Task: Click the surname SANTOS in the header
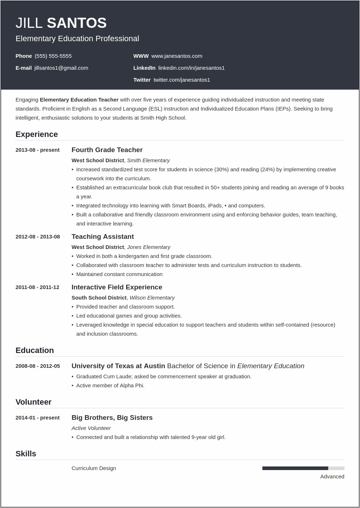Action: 77,23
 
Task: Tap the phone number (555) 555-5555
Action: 53,56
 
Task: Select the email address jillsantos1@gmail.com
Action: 61,68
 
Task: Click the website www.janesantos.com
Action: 177,56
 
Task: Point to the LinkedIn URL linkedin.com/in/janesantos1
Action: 191,68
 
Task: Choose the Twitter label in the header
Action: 142,80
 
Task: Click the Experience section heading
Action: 37,134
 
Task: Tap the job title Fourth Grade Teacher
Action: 107,150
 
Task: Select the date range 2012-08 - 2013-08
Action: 38,237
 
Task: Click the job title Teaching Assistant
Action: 103,237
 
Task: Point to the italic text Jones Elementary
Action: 149,247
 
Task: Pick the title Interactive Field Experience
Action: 117,287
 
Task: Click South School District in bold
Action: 99,298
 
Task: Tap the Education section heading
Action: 35,350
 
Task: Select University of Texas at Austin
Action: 118,366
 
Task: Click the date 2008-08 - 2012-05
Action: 38,366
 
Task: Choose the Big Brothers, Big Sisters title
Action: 112,418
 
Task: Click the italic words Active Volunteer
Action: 91,428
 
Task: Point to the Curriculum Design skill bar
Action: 303,468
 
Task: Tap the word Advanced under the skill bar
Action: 332,477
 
